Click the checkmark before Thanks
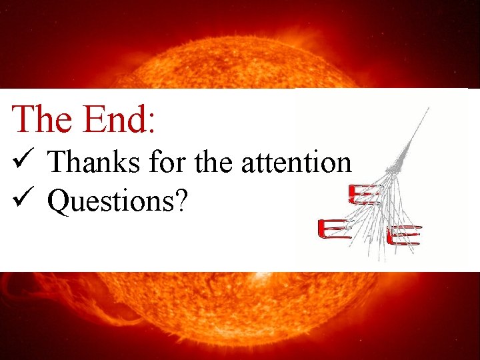point(19,161)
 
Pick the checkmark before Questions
point(19,201)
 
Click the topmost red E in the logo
point(365,195)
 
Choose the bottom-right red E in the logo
point(404,235)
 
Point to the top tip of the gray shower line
point(428,107)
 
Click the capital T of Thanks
point(57,162)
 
